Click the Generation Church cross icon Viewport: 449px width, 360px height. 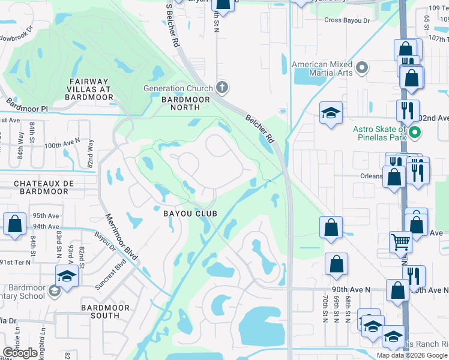(223, 88)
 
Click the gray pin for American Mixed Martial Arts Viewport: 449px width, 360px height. (361, 68)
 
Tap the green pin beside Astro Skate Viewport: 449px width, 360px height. (414, 131)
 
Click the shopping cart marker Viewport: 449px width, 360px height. (401, 242)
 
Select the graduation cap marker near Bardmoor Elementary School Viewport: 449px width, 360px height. (67, 275)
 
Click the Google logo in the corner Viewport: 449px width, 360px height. (20, 353)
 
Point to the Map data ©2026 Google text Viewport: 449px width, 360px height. (412, 355)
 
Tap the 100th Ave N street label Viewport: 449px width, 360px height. (62, 145)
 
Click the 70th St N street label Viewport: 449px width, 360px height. (324, 308)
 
